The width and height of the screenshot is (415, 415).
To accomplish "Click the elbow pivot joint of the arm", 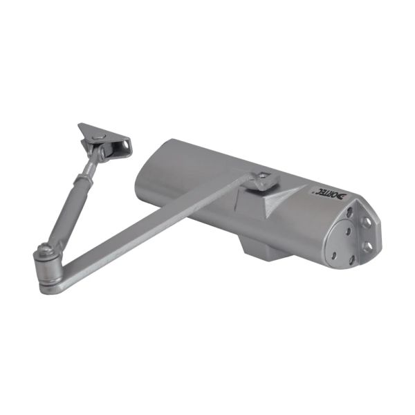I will click(46, 264).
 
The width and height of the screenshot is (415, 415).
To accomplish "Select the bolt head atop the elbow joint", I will click(44, 248).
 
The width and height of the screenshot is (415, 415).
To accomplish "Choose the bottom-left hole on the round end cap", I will click(334, 255).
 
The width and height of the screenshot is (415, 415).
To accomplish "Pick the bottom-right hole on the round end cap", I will click(351, 259).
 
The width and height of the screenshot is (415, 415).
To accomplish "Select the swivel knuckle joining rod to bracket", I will click(102, 154).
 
